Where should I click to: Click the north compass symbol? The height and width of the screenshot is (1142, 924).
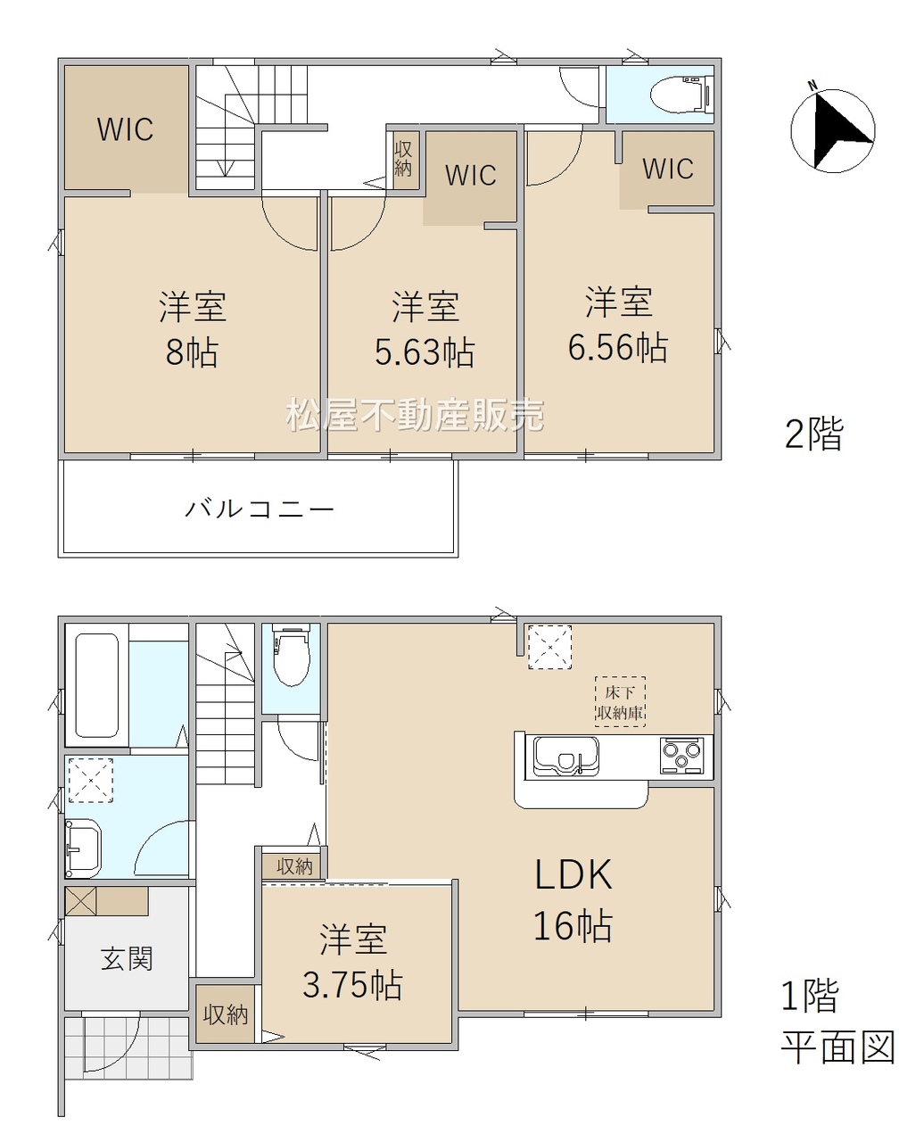[832, 130]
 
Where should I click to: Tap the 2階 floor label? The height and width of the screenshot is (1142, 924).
[814, 434]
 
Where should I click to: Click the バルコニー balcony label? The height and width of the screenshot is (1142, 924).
[260, 509]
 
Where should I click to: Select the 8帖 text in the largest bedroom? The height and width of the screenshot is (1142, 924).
[192, 352]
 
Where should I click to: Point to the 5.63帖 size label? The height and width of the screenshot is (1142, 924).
[425, 352]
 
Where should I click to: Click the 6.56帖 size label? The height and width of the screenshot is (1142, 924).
[618, 347]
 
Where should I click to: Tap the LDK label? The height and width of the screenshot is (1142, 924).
[573, 874]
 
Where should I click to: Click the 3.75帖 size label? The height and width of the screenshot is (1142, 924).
[352, 986]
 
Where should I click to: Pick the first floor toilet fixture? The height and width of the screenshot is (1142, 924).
[291, 655]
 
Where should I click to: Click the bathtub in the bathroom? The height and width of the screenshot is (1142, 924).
[96, 686]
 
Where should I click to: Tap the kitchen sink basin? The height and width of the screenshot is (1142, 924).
[566, 756]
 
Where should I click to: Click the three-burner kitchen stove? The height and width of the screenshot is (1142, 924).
[681, 756]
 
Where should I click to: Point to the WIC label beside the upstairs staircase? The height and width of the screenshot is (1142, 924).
[126, 129]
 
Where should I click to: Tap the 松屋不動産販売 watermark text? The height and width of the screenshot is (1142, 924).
[416, 416]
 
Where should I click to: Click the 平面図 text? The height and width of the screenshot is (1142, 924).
[837, 1047]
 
